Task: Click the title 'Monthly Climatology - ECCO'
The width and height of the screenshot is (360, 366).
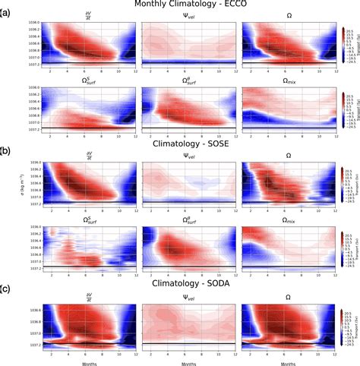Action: [179, 5]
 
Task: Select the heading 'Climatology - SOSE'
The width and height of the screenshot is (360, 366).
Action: [179, 140]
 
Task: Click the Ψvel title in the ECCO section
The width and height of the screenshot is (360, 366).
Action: [179, 15]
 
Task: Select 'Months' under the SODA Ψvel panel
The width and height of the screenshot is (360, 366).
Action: [179, 362]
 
